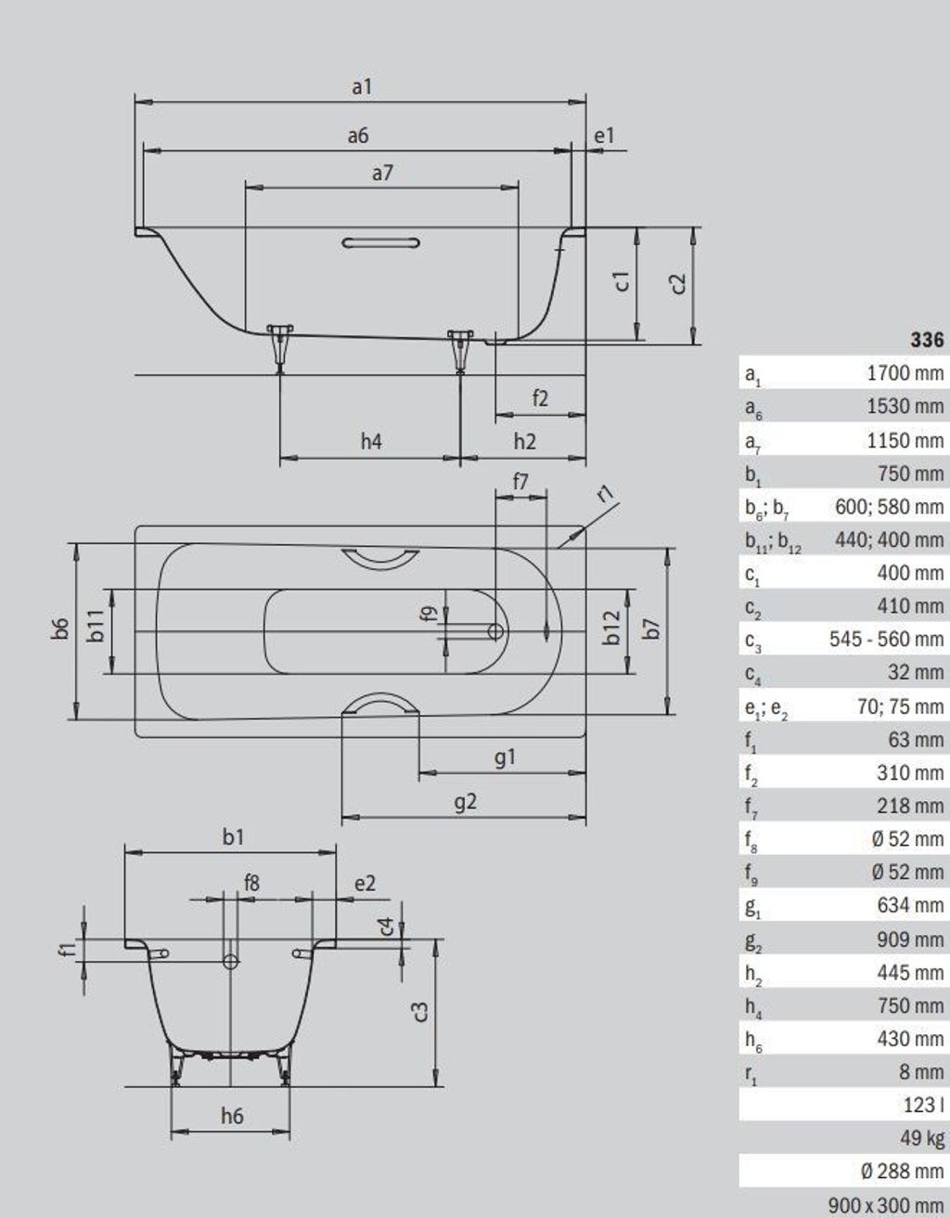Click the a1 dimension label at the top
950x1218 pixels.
[362, 87]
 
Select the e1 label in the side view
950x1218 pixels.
[604, 136]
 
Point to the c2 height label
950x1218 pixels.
[678, 284]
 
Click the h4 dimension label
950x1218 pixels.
[371, 442]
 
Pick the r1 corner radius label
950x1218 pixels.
[606, 494]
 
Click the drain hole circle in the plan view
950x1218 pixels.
[495, 631]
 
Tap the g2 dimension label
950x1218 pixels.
[466, 802]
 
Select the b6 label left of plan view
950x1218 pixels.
[60, 628]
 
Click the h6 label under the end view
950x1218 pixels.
[232, 1116]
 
